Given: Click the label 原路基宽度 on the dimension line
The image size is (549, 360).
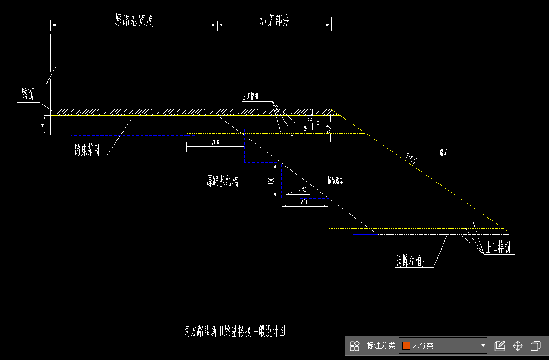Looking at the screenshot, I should click(134, 20).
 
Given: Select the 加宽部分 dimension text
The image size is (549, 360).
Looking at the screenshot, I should click(274, 20).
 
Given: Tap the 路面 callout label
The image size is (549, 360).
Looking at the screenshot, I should click(27, 95).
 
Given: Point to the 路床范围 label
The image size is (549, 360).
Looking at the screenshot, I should click(87, 151).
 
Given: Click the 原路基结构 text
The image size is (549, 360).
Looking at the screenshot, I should click(222, 181).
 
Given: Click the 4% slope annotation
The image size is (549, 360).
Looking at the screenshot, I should click(302, 190).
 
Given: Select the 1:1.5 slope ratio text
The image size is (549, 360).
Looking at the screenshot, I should click(410, 158).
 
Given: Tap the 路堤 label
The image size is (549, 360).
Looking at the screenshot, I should click(443, 152).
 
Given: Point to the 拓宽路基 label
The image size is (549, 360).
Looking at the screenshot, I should click(336, 181).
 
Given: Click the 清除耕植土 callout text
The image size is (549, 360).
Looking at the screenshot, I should click(412, 261).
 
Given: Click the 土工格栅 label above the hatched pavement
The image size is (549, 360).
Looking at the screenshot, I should click(250, 96).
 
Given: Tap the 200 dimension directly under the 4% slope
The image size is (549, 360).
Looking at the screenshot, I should click(304, 202).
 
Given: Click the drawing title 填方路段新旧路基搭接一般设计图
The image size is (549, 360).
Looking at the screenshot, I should click(235, 331).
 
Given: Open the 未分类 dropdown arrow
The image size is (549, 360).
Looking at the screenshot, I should click(483, 345).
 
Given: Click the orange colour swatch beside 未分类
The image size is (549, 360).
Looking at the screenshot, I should click(406, 345).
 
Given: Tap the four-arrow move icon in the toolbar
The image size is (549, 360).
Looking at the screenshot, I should click(518, 346).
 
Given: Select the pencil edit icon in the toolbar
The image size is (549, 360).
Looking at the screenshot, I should click(499, 346).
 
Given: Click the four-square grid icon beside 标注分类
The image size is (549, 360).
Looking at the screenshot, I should click(354, 346).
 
